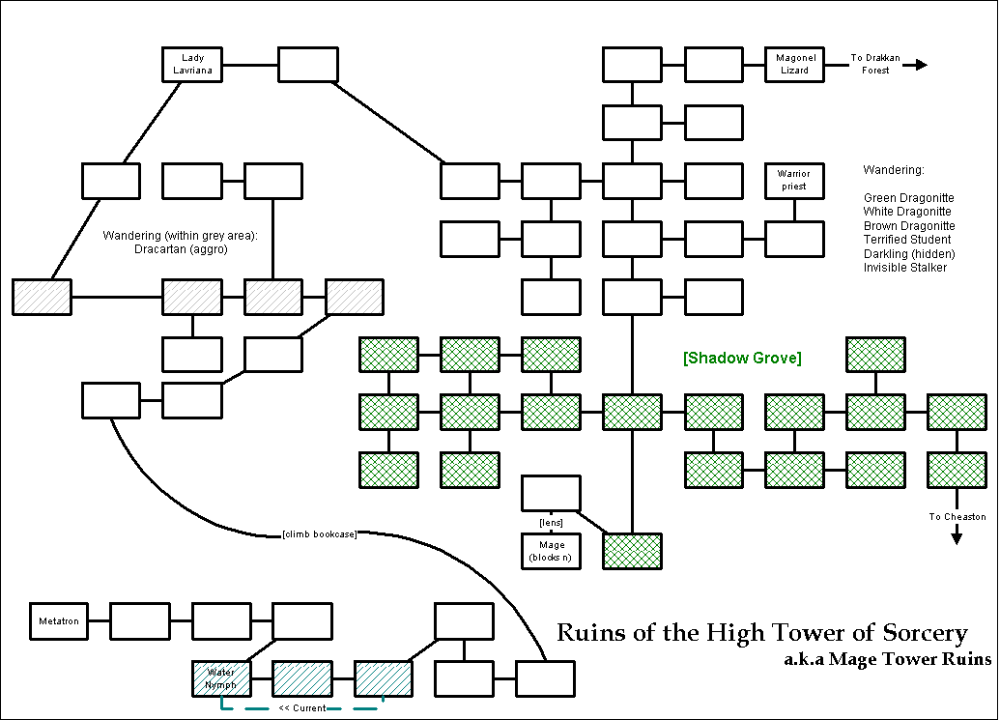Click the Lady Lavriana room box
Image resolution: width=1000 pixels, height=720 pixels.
pos(191,64)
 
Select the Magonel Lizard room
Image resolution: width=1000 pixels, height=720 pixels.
pos(794,64)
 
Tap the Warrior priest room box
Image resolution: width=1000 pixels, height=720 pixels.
pos(794,180)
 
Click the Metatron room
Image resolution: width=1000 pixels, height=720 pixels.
pos(59,620)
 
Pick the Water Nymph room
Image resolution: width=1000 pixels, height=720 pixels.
pos(221,678)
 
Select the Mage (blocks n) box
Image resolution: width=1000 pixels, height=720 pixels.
pos(552,552)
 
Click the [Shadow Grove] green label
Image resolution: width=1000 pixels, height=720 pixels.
pos(742,359)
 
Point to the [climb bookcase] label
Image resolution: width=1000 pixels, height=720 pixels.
pos(320,534)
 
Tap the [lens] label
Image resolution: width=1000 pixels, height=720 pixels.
pos(551,522)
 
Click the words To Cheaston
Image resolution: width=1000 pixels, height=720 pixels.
pos(957,517)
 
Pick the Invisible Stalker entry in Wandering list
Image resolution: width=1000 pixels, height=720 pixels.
pos(905,267)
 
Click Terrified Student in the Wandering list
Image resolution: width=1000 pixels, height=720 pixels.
pos(907,239)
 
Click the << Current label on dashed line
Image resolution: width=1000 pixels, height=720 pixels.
pos(301,708)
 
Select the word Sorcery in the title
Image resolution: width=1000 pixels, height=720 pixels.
pos(925,633)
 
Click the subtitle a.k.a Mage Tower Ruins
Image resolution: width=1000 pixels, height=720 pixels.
pos(888,661)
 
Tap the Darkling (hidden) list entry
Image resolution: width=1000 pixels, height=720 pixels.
pos(903,253)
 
